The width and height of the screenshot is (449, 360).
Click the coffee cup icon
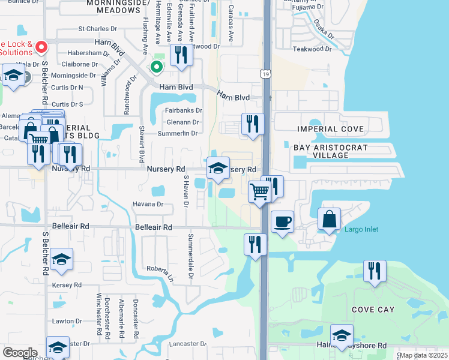coord(282,222)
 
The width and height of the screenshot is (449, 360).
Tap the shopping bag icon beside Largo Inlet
coord(330,219)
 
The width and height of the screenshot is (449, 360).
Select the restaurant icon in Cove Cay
coord(375,271)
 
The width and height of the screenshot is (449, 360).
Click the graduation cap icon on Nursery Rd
coord(218,169)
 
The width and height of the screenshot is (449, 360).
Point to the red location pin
coord(41,46)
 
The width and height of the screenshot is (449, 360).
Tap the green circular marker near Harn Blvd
coord(156,67)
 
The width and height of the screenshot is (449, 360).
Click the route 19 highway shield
coord(265,74)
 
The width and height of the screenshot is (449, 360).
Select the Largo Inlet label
coord(361,229)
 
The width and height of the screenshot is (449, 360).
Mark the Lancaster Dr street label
coord(188,344)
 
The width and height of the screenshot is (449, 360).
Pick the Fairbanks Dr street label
coord(184,110)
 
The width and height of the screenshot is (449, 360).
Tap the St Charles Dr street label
coord(98,29)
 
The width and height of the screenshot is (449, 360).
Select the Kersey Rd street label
coord(66,284)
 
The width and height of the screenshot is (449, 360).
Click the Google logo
coord(20,353)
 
